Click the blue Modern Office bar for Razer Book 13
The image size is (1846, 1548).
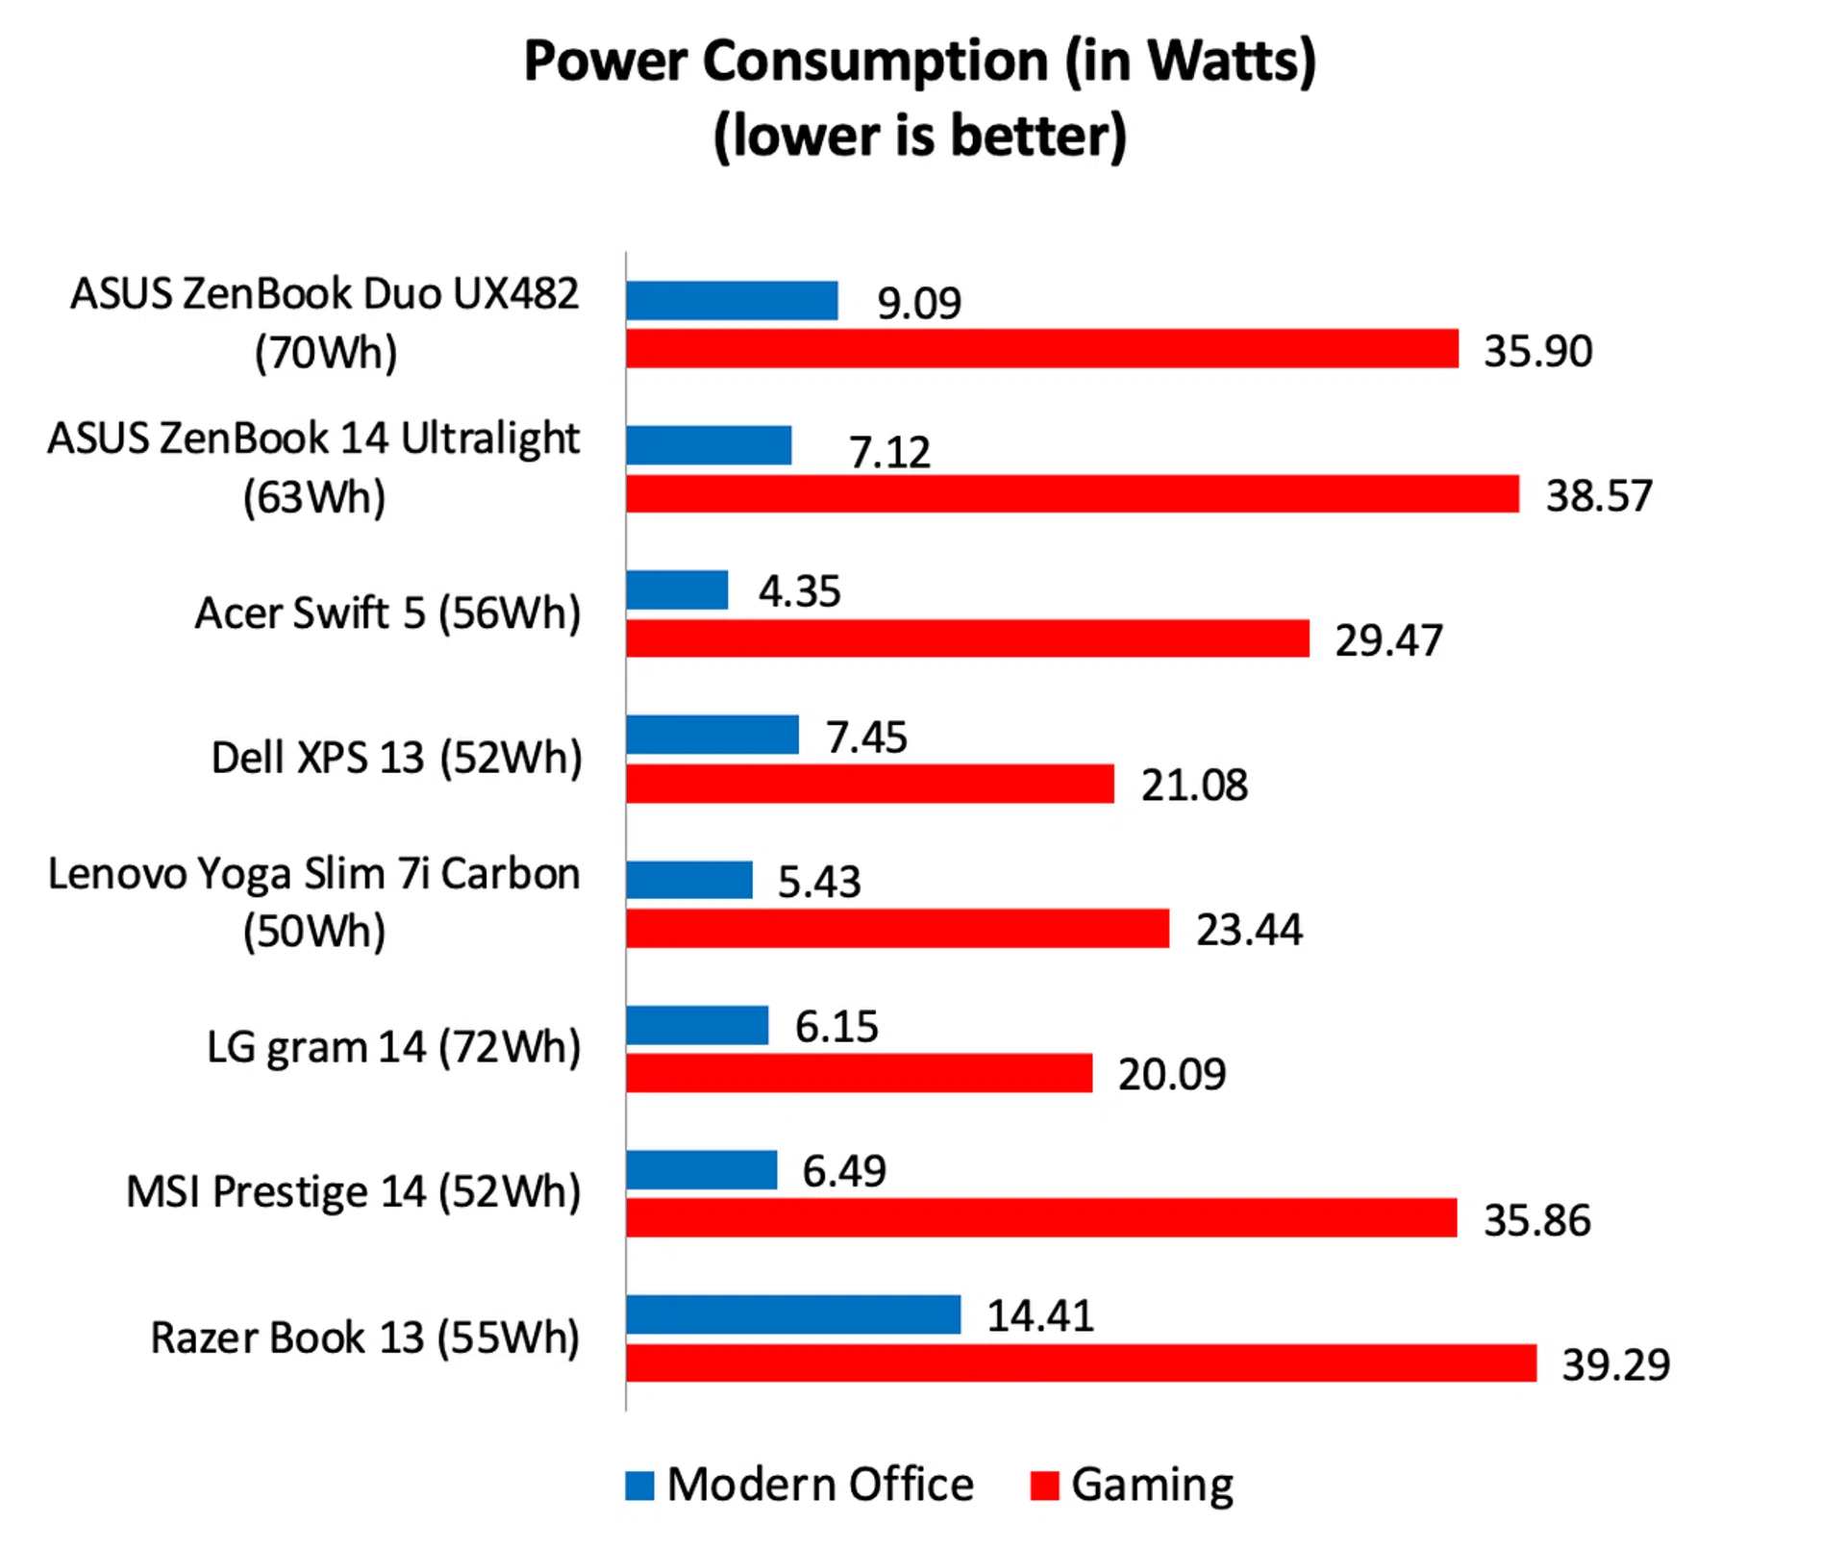tap(793, 1314)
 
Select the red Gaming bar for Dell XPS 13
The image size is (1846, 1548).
tap(870, 784)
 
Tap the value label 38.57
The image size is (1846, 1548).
tap(1598, 496)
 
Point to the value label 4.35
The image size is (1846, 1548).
tap(799, 591)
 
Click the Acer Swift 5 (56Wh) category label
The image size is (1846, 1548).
tap(387, 613)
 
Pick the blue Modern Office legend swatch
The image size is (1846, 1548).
tap(639, 1486)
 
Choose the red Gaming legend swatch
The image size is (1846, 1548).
tap(1044, 1486)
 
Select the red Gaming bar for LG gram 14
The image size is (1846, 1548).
tap(860, 1073)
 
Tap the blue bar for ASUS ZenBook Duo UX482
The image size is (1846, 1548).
tap(732, 301)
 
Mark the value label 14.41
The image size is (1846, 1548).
tap(1040, 1315)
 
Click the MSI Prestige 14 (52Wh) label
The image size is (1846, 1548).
tap(354, 1192)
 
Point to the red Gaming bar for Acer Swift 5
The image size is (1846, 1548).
tap(967, 638)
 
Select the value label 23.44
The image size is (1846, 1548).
tap(1249, 930)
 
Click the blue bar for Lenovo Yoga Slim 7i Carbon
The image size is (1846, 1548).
tap(689, 880)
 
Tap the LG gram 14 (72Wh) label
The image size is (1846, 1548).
tap(394, 1047)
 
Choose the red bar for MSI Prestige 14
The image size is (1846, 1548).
tap(1041, 1217)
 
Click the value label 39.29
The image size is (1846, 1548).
tap(1615, 1364)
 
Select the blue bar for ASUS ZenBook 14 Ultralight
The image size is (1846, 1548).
tap(709, 445)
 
